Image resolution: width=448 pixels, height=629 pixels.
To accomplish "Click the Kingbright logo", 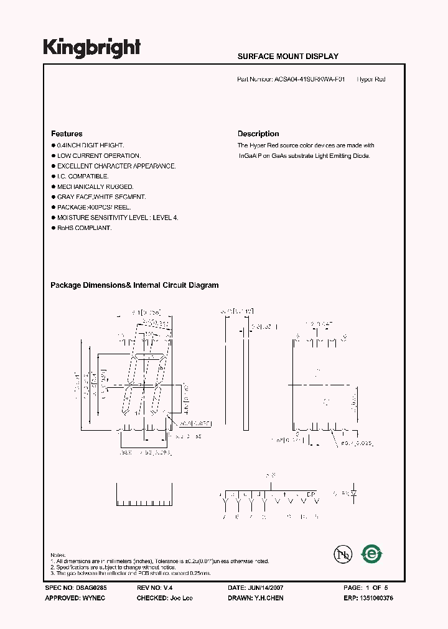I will click(x=92, y=48).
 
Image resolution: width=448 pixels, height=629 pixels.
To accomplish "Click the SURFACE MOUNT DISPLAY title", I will click(x=287, y=57).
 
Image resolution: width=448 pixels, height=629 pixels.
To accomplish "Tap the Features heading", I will click(x=67, y=134).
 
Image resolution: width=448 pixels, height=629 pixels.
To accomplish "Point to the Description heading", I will click(x=258, y=134).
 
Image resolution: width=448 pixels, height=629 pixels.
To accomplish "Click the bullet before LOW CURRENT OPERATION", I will click(x=53, y=156).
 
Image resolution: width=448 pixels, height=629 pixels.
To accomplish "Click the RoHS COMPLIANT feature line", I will click(x=84, y=228).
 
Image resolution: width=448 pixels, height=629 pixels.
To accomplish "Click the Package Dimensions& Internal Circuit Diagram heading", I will click(x=134, y=285).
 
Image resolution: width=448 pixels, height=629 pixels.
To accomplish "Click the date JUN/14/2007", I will click(x=269, y=587).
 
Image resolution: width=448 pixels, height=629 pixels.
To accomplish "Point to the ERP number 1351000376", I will click(x=376, y=597).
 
